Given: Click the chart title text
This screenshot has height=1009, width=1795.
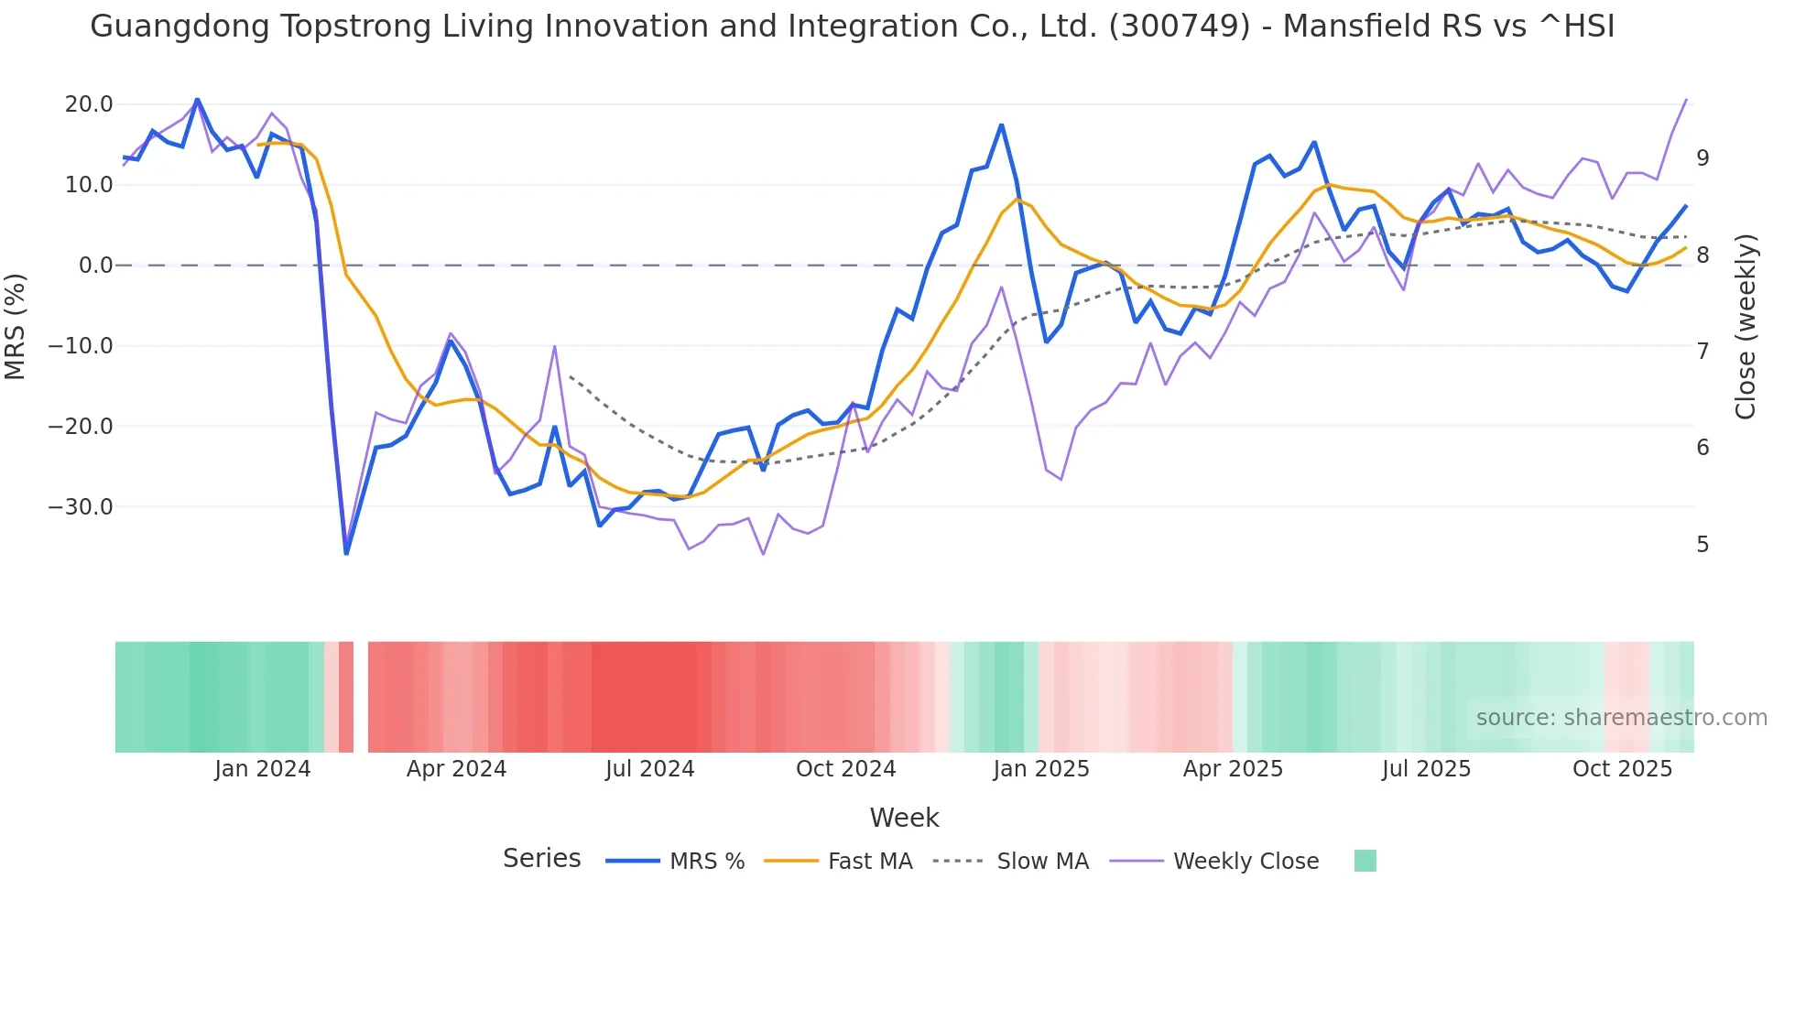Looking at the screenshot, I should click(x=852, y=27).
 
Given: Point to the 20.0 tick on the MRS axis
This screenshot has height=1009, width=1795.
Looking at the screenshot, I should click(x=89, y=104).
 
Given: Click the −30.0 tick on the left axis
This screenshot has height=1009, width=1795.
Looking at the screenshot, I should click(x=81, y=507).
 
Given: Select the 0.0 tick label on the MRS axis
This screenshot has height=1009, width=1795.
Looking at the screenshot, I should click(x=95, y=266).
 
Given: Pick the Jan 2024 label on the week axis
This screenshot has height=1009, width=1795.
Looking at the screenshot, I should click(x=263, y=769).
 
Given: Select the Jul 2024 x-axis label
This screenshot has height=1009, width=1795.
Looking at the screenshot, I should click(x=650, y=769).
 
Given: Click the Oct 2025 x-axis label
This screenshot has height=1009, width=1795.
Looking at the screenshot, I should click(x=1622, y=769).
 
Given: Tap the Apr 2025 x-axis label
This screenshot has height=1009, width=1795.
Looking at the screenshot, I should click(x=1233, y=769).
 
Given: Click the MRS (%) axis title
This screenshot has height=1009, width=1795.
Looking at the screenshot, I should click(x=16, y=326).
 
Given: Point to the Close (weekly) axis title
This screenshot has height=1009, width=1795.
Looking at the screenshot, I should click(x=1746, y=327).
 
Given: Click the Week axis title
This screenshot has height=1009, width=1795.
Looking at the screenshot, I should click(x=904, y=818).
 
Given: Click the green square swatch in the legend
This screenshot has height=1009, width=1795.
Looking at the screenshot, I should click(x=1365, y=861).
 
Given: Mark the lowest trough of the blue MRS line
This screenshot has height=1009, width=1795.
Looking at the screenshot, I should click(x=346, y=553).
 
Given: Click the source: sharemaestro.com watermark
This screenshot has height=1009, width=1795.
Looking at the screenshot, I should click(x=1621, y=718).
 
